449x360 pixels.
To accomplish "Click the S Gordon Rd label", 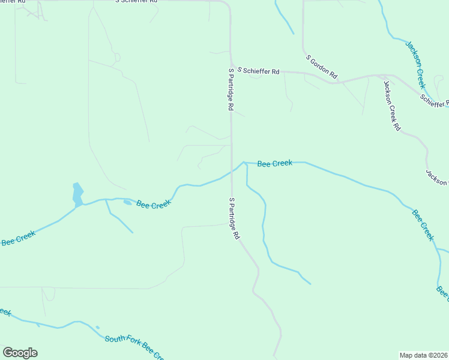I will coord(322,68).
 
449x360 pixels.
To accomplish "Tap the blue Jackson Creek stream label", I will coord(415,65).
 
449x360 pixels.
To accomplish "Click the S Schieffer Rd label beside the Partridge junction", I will coord(258,71).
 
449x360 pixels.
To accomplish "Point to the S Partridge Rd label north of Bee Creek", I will coord(230,89).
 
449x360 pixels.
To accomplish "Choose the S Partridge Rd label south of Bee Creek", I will coord(234,218).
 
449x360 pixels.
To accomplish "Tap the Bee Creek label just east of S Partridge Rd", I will coord(274,163).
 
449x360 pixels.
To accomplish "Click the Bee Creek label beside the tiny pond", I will coord(154,204).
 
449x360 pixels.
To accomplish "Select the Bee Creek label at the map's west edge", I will coord(18,238).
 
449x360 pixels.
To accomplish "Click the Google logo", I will coord(20,353).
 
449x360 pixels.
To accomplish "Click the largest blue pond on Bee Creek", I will coord(77,194).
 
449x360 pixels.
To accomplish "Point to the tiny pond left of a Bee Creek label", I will coord(127,202).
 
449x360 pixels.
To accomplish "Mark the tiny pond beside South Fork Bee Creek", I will coord(97,328).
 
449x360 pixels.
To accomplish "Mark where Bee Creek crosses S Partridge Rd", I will coord(232,171).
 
